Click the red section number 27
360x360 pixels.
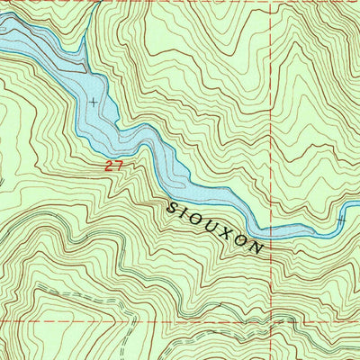112,166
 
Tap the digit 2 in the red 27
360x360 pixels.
108,166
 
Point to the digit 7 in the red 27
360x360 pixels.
117,166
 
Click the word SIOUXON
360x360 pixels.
216,227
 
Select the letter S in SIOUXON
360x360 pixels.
172,207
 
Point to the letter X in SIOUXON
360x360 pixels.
229,232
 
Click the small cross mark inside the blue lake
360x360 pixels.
94,102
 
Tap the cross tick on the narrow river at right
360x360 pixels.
341,219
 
